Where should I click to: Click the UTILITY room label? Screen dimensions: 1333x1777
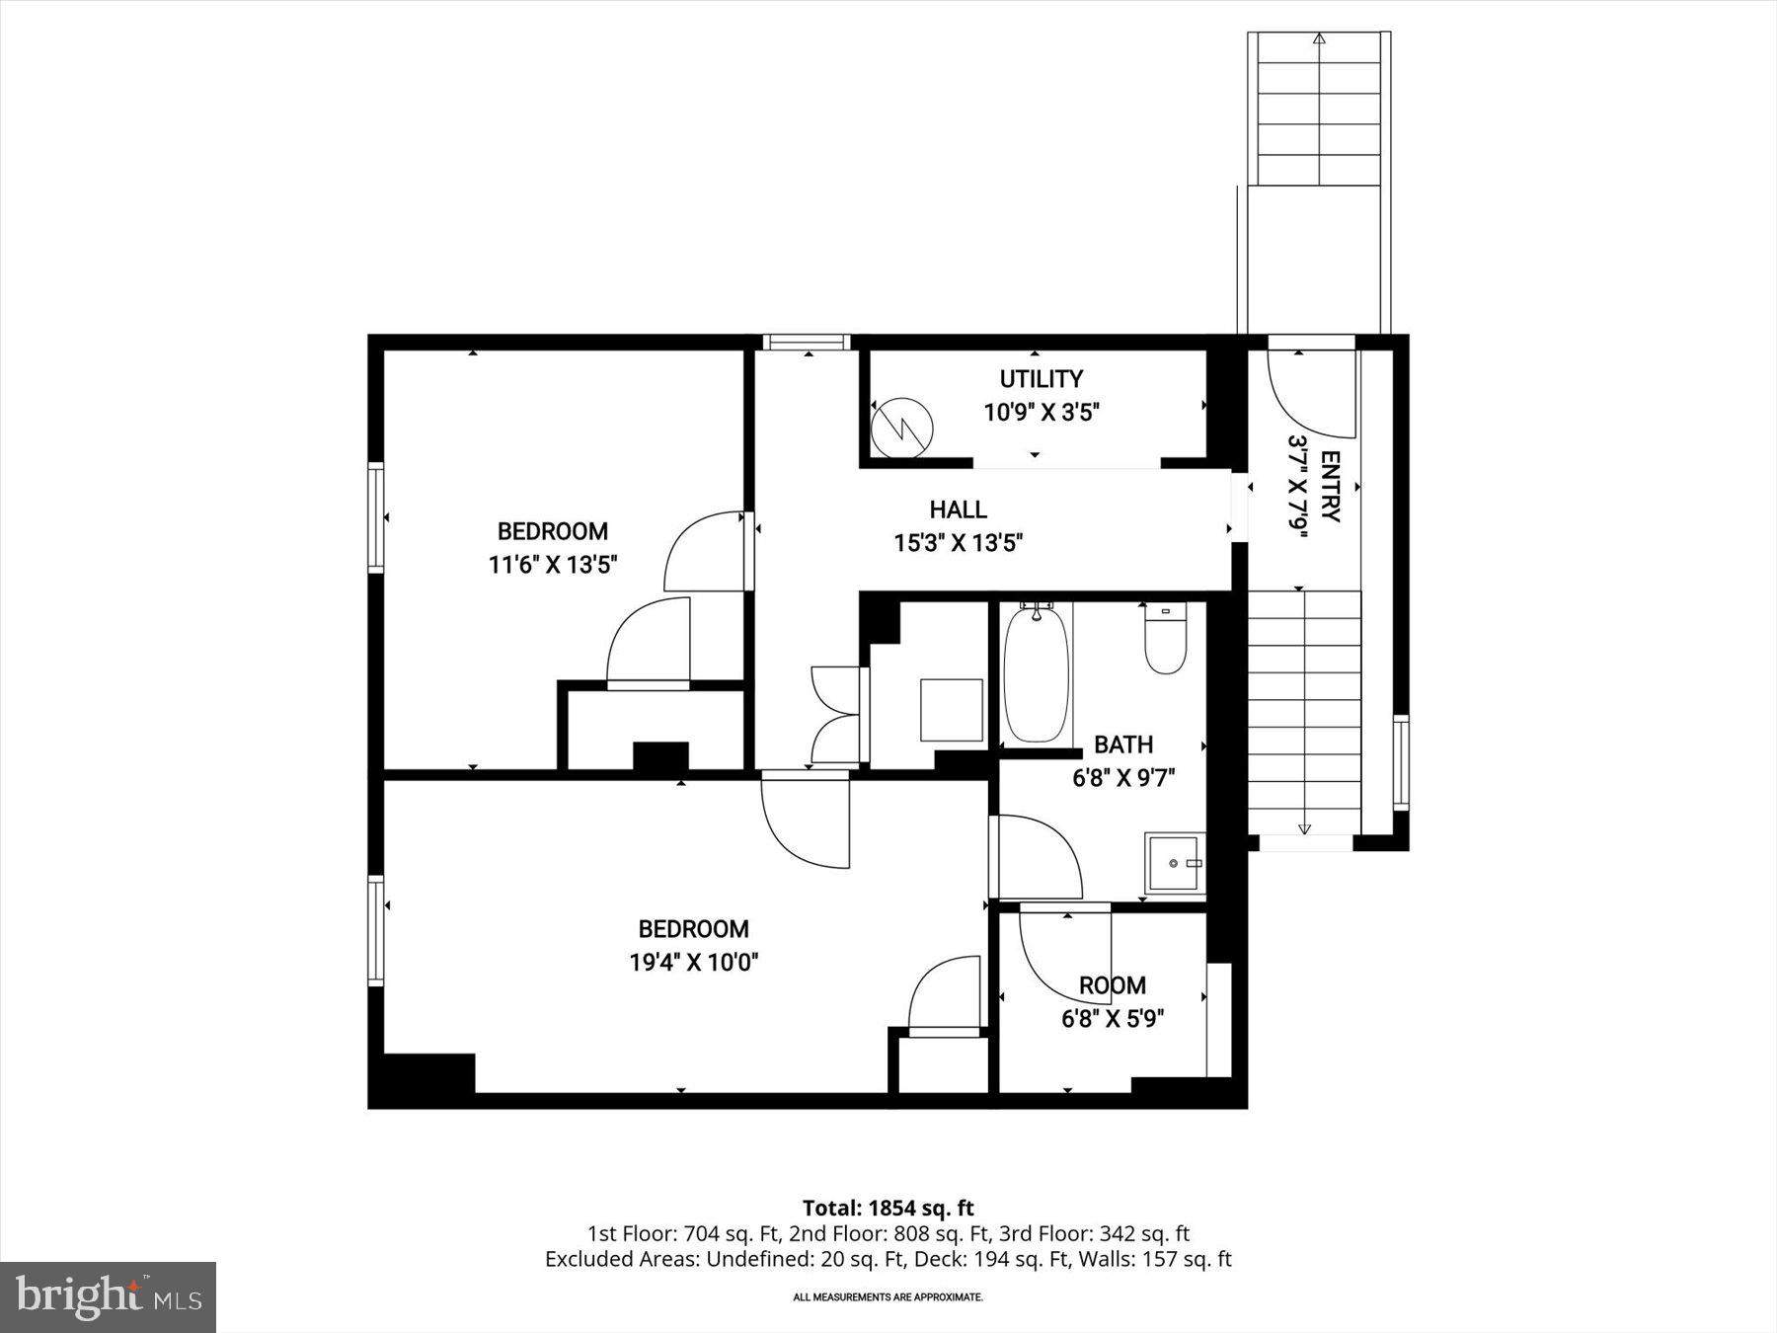pos(1041,379)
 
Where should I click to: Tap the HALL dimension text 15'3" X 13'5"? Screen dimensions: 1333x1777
pos(958,542)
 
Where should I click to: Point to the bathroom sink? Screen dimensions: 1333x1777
pos(1175,863)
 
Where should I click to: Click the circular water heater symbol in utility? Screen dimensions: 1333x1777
pos(902,427)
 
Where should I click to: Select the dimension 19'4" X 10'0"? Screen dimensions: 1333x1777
pos(693,962)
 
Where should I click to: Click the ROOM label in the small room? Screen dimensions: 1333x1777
pos(1112,984)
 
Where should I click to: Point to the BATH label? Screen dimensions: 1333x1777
pos(1122,745)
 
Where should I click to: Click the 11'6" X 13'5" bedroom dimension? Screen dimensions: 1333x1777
pos(552,565)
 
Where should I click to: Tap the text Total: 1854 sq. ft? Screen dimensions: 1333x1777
pos(888,1208)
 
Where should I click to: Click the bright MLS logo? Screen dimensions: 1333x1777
pos(108,1296)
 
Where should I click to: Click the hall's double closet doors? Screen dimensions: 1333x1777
pos(835,715)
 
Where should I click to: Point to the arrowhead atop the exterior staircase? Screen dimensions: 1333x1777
pos(1320,39)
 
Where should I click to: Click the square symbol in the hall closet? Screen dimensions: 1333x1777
pos(951,709)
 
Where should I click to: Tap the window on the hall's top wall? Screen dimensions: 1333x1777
pos(806,343)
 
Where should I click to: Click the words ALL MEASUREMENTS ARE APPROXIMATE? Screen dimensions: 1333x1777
pos(888,1297)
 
